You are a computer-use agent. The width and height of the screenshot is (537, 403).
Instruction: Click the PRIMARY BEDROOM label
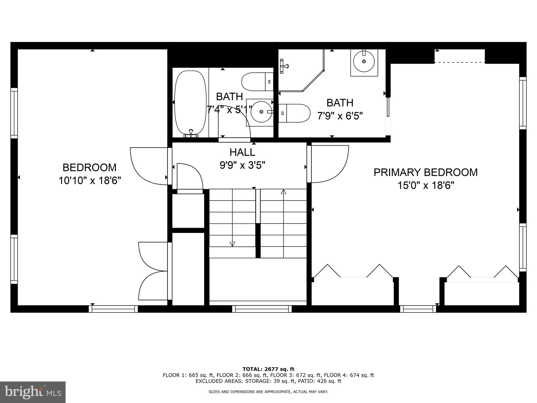pyautogui.click(x=425, y=172)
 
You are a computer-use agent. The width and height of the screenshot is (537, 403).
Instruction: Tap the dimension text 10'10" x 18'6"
pyautogui.click(x=89, y=181)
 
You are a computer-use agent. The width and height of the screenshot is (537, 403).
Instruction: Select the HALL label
pyautogui.click(x=242, y=152)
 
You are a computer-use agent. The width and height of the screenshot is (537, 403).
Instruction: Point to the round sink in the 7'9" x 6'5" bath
pyautogui.click(x=364, y=61)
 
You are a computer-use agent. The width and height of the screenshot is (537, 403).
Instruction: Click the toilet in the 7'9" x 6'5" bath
pyautogui.click(x=294, y=113)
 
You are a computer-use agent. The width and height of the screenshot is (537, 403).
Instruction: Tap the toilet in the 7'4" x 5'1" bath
pyautogui.click(x=257, y=82)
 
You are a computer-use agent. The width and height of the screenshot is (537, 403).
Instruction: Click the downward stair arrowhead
pyautogui.click(x=232, y=244)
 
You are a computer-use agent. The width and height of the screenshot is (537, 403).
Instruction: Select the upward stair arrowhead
pyautogui.click(x=283, y=192)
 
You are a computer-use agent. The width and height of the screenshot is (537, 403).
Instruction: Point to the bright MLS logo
pyautogui.click(x=33, y=392)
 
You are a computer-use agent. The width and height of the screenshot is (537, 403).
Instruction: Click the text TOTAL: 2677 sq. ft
pyautogui.click(x=268, y=369)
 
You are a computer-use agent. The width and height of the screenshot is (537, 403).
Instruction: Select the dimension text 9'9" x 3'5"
pyautogui.click(x=242, y=165)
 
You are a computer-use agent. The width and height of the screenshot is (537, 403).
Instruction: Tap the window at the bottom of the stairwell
pyautogui.click(x=262, y=309)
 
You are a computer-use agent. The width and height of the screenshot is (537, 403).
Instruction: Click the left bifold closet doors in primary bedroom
pyautogui.click(x=353, y=272)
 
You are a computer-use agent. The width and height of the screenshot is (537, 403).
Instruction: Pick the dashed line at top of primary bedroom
pyautogui.click(x=459, y=63)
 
